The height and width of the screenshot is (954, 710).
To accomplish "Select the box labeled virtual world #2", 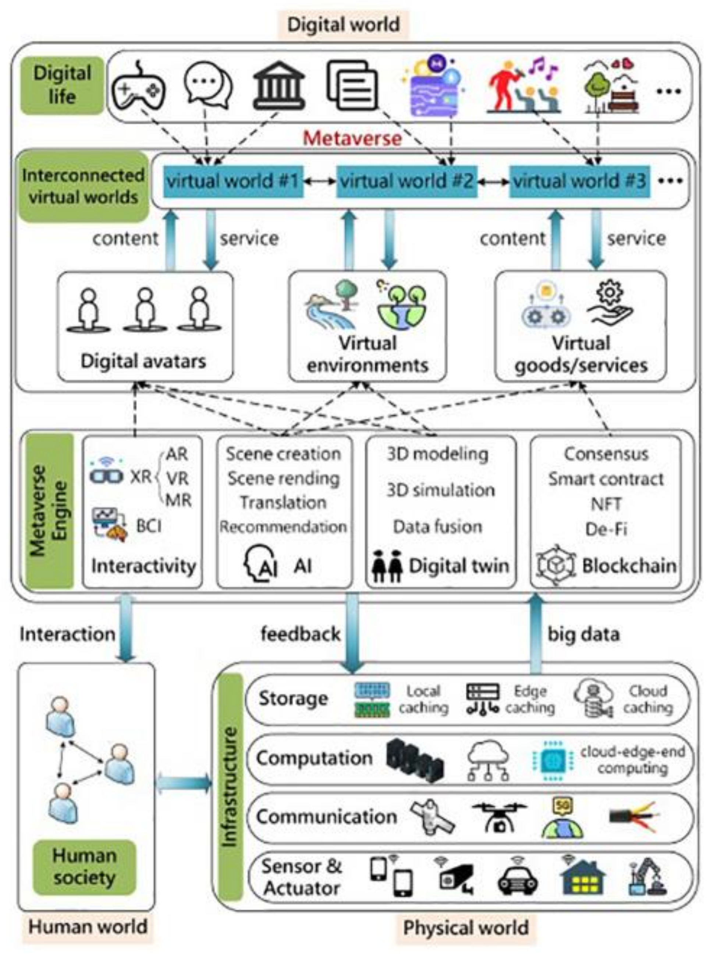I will (x=407, y=181).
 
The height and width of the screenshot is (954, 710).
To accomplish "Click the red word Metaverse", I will (x=352, y=138).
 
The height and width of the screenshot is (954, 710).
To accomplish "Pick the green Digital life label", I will (x=62, y=85).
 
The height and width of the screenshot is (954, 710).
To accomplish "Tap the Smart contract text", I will (x=606, y=479).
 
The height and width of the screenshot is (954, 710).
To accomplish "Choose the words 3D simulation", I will (x=440, y=490).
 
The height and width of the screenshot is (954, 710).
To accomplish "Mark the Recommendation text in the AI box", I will (x=283, y=527).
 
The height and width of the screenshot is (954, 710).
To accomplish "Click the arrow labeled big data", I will (x=536, y=633).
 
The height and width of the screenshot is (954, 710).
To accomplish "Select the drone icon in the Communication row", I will (x=499, y=816).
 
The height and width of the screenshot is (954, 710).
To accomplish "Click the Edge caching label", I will (x=530, y=699).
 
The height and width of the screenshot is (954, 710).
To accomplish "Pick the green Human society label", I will (x=84, y=866).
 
